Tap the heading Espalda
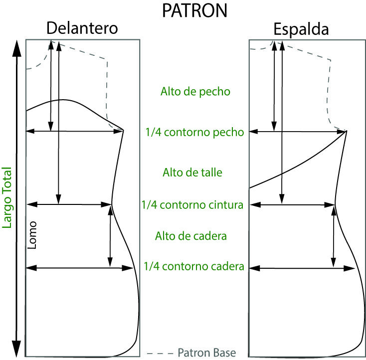302,30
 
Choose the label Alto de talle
192,173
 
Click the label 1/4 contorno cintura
192,205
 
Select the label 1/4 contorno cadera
193,266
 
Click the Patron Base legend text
206,352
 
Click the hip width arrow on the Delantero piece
80,268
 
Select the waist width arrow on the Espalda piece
292,204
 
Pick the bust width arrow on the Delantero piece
75,131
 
